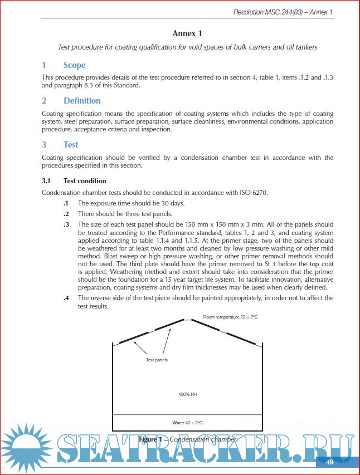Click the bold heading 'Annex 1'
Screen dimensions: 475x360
point(187,33)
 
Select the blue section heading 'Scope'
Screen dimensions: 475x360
point(74,65)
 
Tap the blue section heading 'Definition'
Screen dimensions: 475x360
point(82,101)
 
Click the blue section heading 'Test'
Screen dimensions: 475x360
point(71,144)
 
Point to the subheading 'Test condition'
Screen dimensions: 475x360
point(85,181)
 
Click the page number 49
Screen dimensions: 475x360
point(329,462)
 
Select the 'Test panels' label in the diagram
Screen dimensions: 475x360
point(157,360)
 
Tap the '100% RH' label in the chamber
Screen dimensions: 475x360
point(187,394)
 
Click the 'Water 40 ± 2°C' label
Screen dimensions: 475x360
point(187,422)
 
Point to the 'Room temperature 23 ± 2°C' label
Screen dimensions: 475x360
point(230,317)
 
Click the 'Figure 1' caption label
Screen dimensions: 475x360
point(152,439)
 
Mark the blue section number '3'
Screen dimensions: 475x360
point(44,144)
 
